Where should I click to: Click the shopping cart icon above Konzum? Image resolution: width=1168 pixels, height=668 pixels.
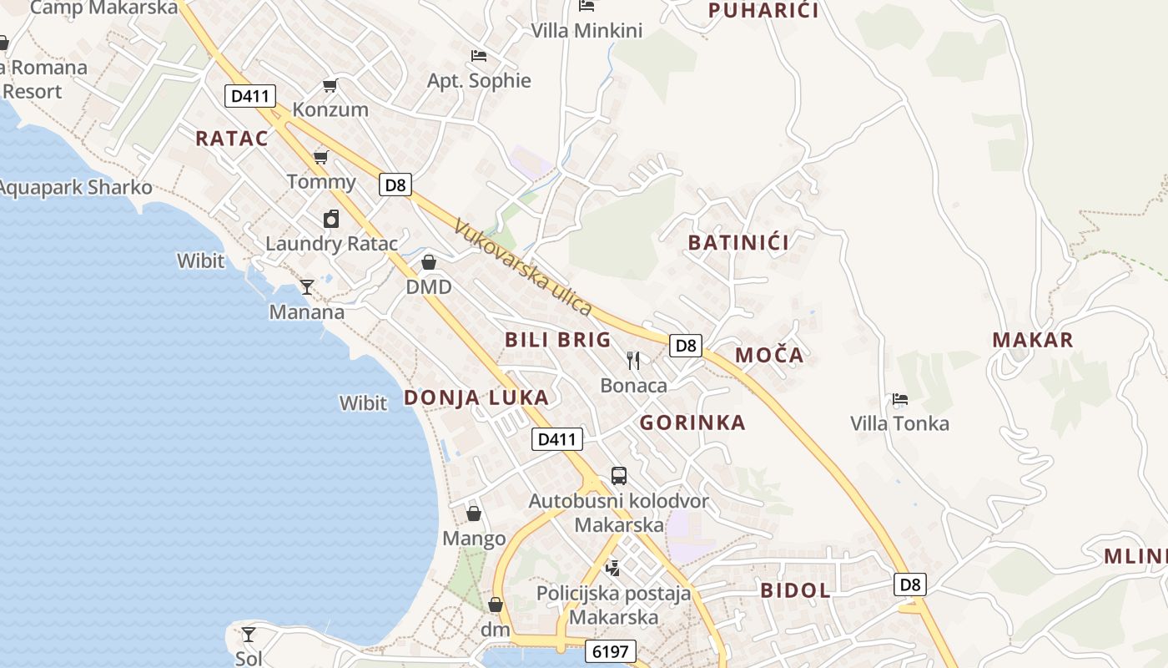coord(330,85)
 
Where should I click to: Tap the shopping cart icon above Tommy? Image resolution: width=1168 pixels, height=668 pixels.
coord(320,157)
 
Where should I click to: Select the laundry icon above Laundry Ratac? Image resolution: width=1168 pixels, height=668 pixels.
coord(331,219)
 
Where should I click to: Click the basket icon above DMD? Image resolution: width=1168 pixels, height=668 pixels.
coord(429,262)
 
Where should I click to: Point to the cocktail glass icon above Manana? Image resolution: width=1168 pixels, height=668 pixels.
coord(307,287)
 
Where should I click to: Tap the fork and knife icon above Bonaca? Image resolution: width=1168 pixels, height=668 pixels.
coord(633,361)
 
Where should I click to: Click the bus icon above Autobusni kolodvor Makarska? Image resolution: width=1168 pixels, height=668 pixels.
coord(618,476)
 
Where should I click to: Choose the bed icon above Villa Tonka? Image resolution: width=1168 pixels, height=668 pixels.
coord(899,399)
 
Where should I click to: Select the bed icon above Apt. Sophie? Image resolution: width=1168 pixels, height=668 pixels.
coord(479,56)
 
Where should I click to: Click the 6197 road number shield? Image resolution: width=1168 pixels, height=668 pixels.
coord(611,651)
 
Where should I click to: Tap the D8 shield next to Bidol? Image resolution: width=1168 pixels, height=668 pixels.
coord(910,584)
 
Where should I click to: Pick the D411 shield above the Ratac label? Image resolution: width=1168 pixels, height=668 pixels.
coord(249,96)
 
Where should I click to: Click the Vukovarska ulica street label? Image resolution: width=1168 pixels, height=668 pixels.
coord(523,267)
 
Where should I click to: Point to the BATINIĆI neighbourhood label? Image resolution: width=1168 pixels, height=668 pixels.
coord(738,243)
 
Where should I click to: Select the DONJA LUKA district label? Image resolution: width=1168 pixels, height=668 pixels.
coord(476,397)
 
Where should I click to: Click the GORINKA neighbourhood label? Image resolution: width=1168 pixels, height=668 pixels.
coord(692,423)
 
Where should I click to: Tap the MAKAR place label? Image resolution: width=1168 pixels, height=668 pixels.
coord(1032,340)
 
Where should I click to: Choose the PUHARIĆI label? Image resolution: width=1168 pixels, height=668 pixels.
coord(763,11)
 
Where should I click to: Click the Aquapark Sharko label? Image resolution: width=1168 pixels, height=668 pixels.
coord(75,187)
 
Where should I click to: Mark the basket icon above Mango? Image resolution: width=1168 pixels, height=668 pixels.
coord(474,513)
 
